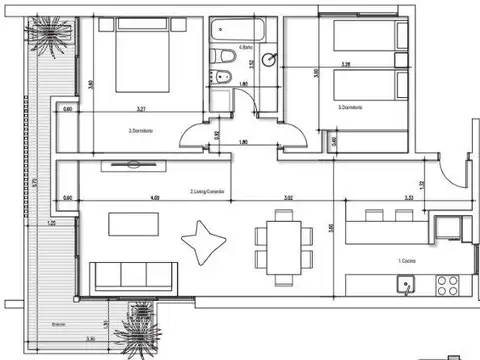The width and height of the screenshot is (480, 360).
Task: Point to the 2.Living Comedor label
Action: pyautogui.click(x=207, y=191)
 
